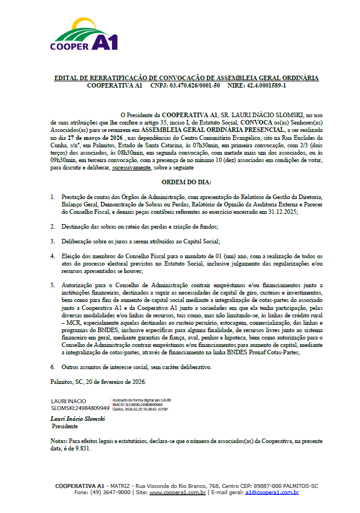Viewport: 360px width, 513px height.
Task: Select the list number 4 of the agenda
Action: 52,256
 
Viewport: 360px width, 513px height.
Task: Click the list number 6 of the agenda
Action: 52,367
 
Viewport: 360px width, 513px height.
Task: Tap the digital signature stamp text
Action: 141,404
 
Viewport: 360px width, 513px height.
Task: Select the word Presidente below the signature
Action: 65,426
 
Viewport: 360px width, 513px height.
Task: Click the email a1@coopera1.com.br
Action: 272,493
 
